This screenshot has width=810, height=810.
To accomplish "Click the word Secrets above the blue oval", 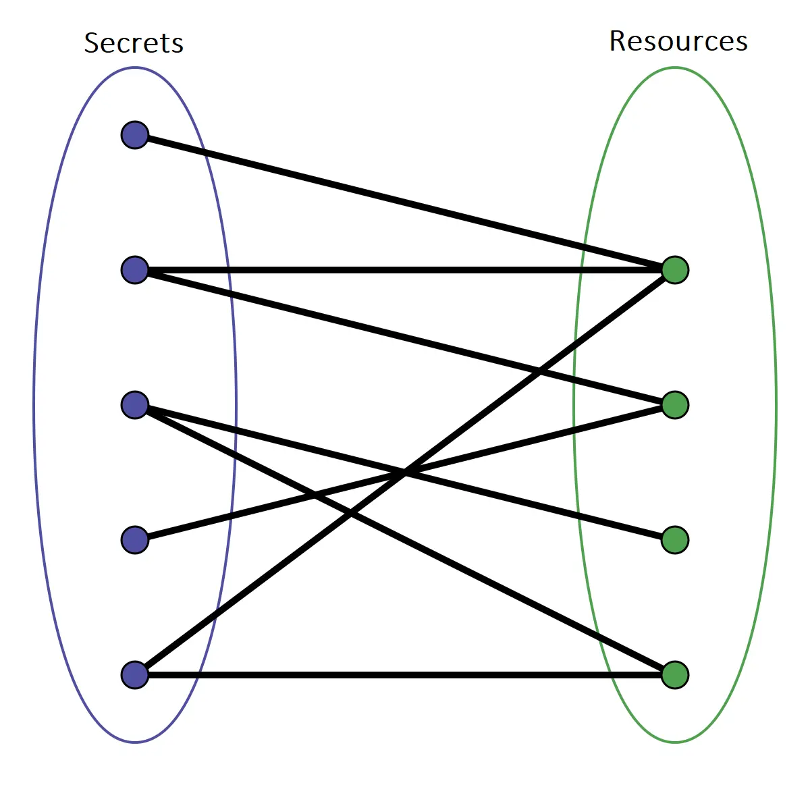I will coord(134,43).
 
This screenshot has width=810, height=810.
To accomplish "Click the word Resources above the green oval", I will coord(678,41).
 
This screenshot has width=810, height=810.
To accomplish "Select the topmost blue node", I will coord(135,135).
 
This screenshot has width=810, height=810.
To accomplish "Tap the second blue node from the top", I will coord(135,270).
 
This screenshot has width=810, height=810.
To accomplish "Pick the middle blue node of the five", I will coord(135,405).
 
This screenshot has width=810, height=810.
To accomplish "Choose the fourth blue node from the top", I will coord(135,540).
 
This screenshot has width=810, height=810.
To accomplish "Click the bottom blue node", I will coord(135,675).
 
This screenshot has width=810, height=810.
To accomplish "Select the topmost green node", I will coord(675,270).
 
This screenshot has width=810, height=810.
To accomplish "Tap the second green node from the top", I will coord(675,405).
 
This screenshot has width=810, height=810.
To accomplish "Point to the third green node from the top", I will coord(675,540).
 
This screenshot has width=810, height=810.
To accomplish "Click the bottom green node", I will coord(675,675).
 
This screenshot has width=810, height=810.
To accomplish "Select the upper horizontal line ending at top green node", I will coord(405,270).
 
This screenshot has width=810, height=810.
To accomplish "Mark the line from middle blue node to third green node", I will coord(540,506).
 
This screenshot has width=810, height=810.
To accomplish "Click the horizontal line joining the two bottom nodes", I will coord(405,675).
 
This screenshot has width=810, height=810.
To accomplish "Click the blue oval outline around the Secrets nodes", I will coord(34,405).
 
